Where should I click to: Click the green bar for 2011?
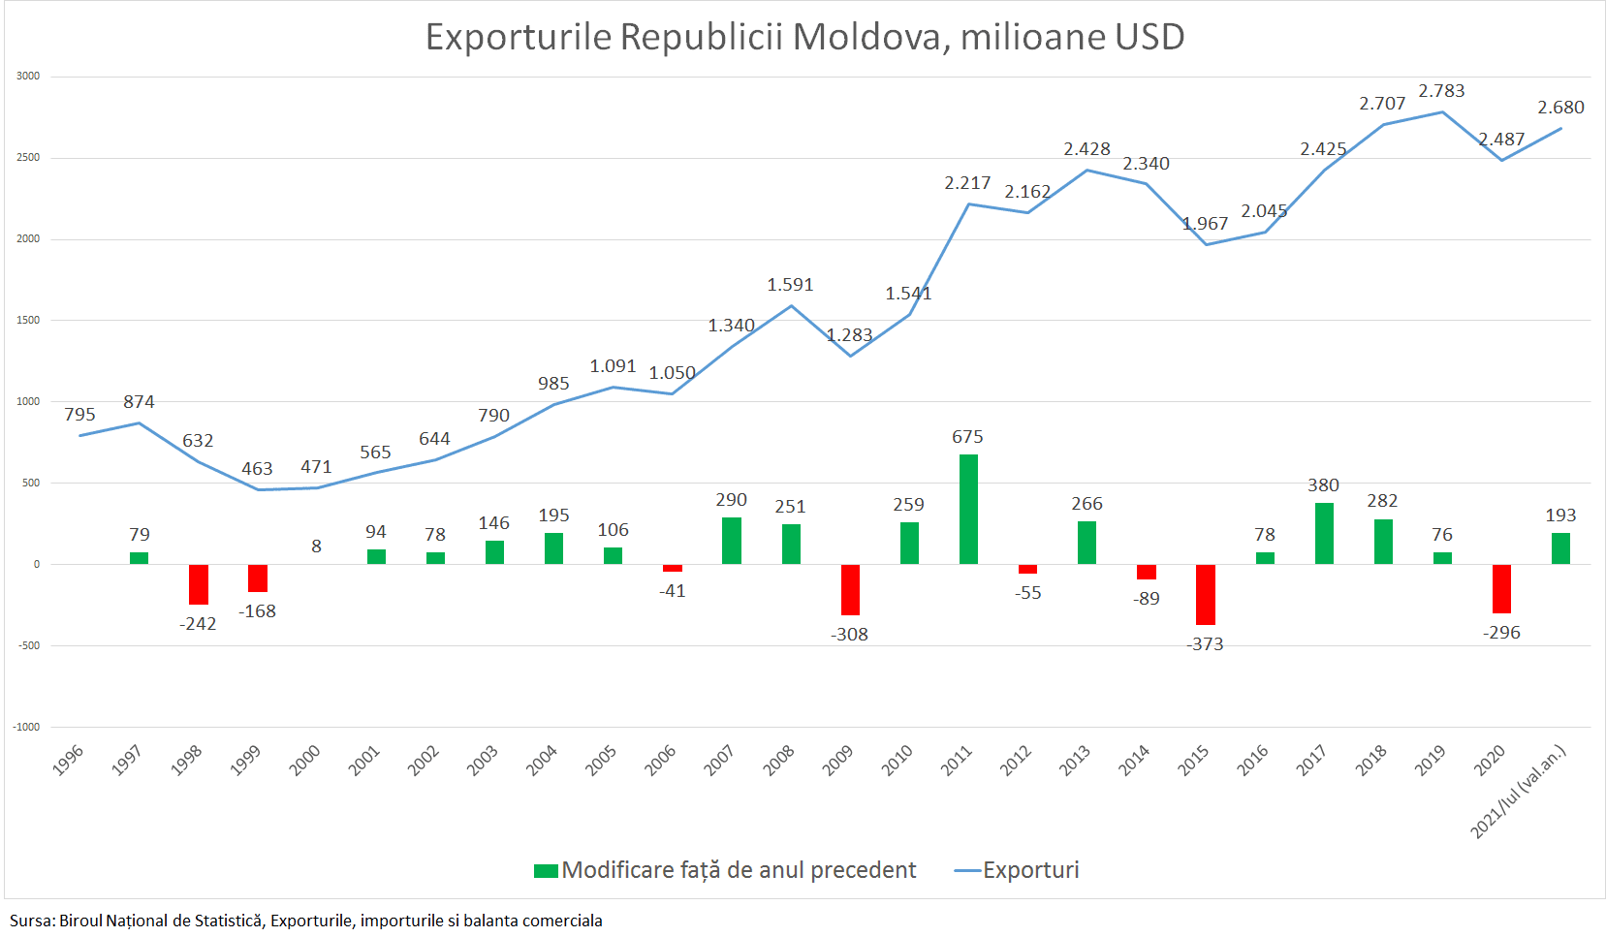click(x=968, y=509)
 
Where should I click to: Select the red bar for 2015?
click(x=1205, y=594)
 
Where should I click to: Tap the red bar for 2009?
click(x=850, y=589)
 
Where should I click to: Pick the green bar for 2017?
click(x=1324, y=533)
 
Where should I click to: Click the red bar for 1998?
click(x=199, y=583)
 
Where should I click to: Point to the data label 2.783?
click(x=1441, y=91)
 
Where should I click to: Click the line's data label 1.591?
click(x=790, y=285)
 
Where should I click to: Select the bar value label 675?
click(x=967, y=437)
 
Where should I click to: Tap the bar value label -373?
click(x=1205, y=644)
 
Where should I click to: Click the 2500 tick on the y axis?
click(x=28, y=157)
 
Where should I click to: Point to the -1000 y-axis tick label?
click(x=26, y=727)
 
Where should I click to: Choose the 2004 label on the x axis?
click(x=542, y=760)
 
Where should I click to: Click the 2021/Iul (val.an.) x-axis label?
click(x=1518, y=791)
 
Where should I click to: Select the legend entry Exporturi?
click(x=1030, y=870)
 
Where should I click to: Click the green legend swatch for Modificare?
click(x=546, y=871)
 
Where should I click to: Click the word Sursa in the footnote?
click(x=32, y=921)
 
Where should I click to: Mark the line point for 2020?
click(x=1501, y=160)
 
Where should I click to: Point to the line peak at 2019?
click(x=1442, y=111)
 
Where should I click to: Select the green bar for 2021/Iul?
click(x=1560, y=548)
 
